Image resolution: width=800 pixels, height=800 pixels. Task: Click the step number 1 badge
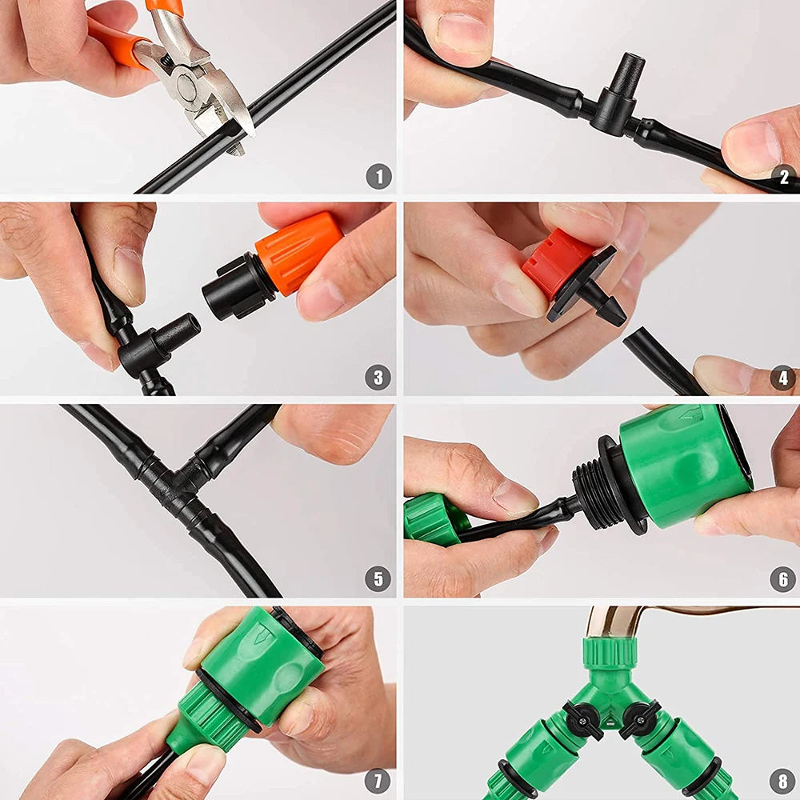click(379, 177)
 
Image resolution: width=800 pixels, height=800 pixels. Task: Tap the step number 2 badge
click(783, 177)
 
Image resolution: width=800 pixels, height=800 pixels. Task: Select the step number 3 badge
click(379, 378)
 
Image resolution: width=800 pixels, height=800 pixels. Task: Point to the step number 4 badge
click(783, 378)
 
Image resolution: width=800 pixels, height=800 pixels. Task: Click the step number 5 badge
click(379, 578)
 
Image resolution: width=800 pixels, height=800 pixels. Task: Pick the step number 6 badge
click(783, 578)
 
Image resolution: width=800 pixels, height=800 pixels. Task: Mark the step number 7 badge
click(379, 780)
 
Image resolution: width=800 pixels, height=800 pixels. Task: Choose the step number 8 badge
click(783, 780)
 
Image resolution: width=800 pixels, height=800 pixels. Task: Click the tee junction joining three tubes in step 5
click(172, 480)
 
